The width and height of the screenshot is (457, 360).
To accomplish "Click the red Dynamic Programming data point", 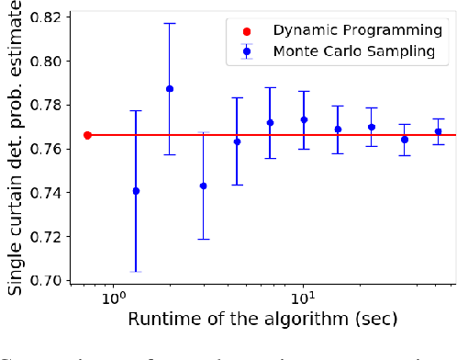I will coord(87,135).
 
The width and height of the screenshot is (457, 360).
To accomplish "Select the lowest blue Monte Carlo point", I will coord(136,191).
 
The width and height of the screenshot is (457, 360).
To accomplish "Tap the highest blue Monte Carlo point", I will coord(170,89).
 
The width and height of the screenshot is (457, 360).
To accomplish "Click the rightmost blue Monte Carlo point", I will coord(438,131).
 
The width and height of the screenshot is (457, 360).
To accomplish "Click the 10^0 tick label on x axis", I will coord(113,299).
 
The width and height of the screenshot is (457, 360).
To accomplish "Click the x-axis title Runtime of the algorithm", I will coord(262,321).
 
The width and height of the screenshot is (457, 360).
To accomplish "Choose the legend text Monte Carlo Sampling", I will coord(353,51).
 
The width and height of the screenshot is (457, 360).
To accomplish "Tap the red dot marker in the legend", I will coord(247,30).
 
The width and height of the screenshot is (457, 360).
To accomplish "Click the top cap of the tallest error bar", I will coord(136,111).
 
